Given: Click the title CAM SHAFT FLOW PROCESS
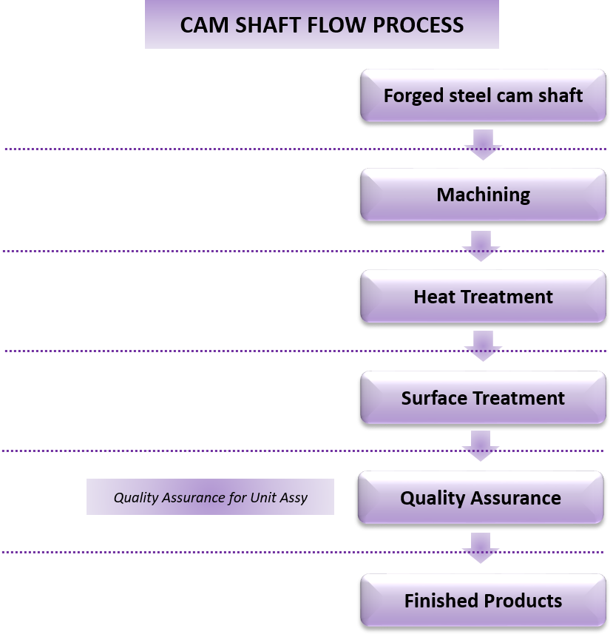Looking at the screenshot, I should (x=322, y=24).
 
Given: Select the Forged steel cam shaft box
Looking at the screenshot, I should (x=483, y=95).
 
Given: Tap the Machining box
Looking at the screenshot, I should (x=483, y=195).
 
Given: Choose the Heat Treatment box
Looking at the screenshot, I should (x=483, y=297).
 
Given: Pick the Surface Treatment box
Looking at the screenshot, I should (x=483, y=398).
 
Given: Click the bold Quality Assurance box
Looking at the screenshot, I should (x=481, y=498).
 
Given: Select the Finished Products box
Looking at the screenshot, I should (x=483, y=600).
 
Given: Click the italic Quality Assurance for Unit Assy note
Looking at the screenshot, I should (x=210, y=497).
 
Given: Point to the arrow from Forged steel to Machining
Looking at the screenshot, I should (x=483, y=144).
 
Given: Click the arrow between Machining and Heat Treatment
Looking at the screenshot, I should (x=481, y=245).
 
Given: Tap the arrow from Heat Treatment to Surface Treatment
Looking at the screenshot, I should (x=483, y=346).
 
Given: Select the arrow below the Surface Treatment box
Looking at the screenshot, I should (x=481, y=446).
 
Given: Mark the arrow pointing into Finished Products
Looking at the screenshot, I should (x=481, y=547).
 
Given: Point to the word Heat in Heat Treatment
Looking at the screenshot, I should (x=435, y=297).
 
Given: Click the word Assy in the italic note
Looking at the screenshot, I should (x=293, y=497).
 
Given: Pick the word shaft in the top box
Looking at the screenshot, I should (x=558, y=95).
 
